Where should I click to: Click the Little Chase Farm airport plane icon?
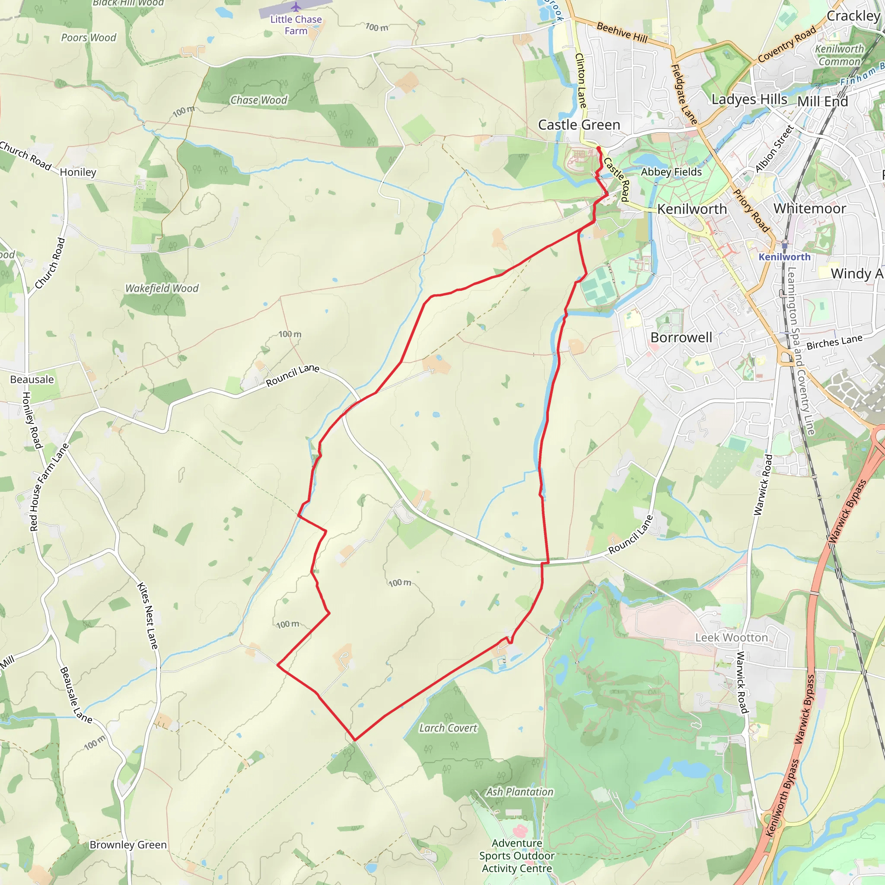pos(296,7)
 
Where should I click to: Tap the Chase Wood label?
pos(259,100)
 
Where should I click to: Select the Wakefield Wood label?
pos(162,288)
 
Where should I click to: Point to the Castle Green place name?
pos(579,124)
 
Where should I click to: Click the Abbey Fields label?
pos(671,172)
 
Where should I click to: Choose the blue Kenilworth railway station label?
pos(784,257)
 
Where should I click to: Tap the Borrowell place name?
pos(681,337)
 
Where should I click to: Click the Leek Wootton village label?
pos(731,638)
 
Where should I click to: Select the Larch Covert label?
pos(448,728)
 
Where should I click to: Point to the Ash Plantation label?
pos(519,792)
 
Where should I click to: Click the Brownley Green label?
pos(128,845)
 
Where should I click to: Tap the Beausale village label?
pos(32,379)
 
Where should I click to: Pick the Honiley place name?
pos(78,172)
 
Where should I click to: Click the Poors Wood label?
pos(89,38)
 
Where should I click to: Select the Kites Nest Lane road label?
pos(147,616)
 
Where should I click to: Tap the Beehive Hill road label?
pos(621,32)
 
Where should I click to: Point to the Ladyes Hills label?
pos(749,99)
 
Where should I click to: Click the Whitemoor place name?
pos(809,208)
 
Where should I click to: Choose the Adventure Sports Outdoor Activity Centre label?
pos(517,856)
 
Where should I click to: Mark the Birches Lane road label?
pos(834,342)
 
